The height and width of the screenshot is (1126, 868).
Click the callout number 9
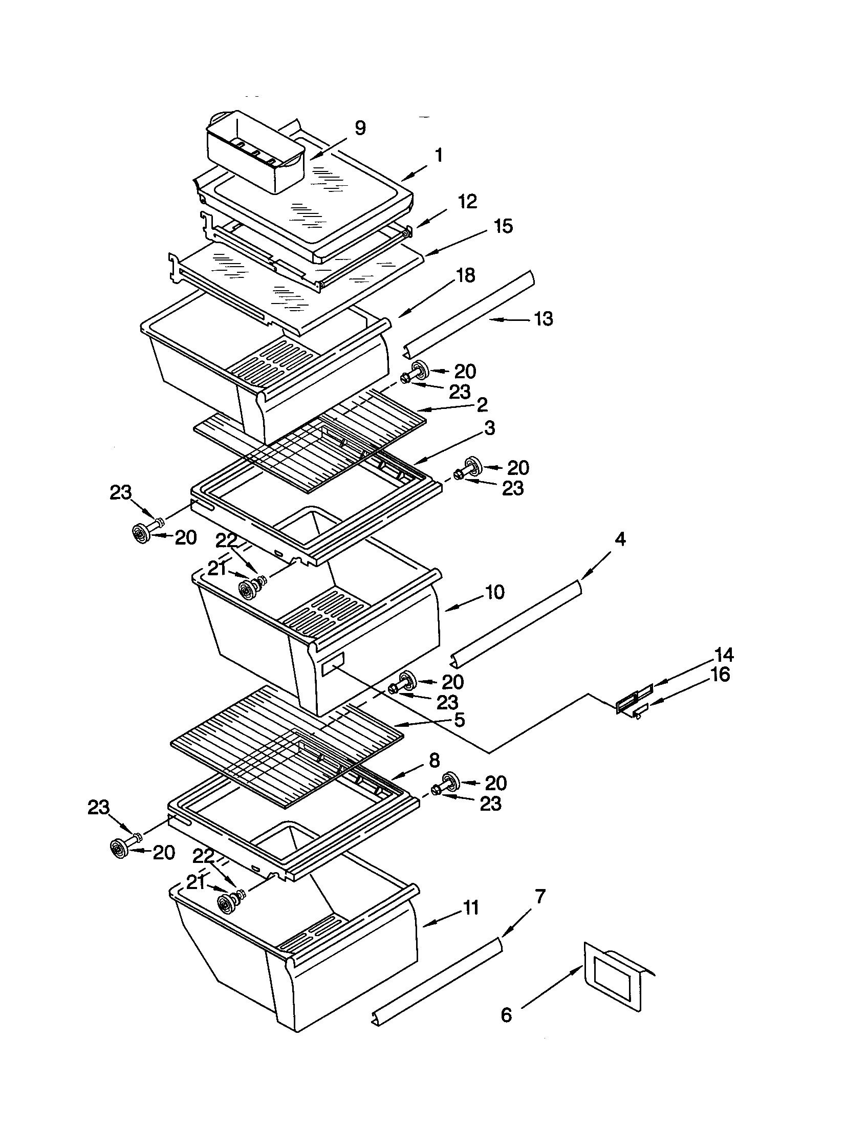pos(360,127)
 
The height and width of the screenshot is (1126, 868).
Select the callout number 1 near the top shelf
pos(439,155)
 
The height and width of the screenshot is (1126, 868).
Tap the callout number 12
pos(467,202)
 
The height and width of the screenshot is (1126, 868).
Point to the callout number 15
pos(503,226)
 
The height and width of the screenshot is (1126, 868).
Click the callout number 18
pos(465,275)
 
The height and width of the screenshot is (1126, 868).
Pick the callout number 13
pos(543,318)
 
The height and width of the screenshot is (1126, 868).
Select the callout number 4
pos(620,539)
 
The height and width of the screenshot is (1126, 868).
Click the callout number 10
pos(494,592)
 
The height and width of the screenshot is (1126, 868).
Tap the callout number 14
pos(724,655)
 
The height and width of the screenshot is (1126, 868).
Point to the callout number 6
pos(506,1030)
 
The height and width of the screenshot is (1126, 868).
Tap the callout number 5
pos(459,720)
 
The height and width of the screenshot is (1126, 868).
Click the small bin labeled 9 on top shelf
pos(255,152)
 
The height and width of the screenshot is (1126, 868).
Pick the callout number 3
pos(489,428)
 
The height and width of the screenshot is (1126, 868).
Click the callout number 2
pos(482,404)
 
